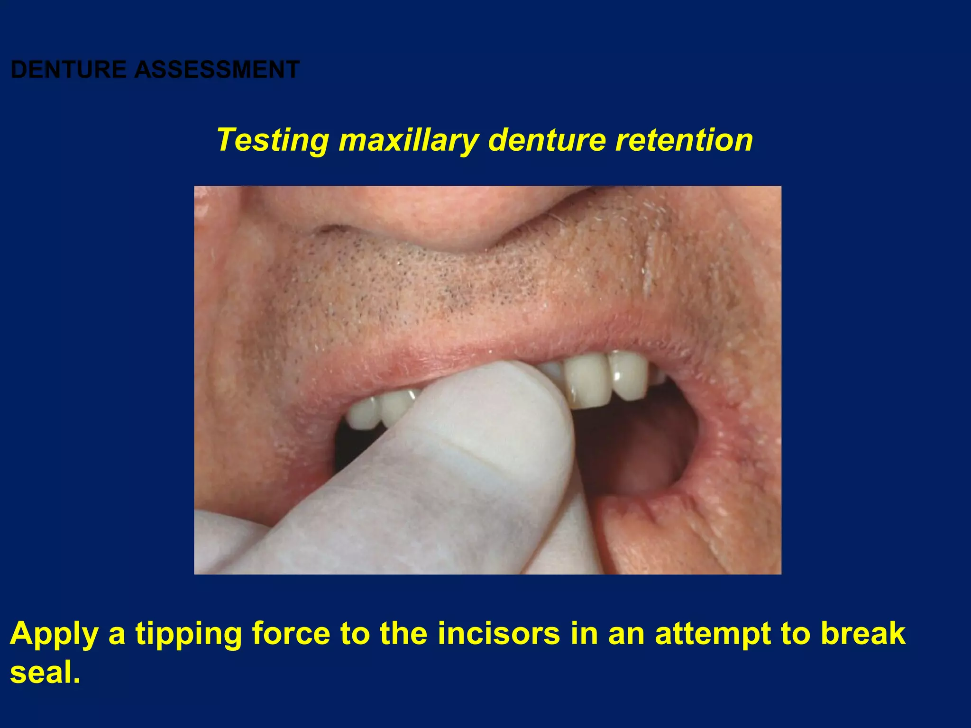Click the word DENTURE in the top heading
(x=68, y=70)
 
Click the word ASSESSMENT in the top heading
(x=217, y=70)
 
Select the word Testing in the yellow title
(x=272, y=140)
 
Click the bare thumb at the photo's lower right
(x=664, y=536)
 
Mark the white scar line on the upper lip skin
(x=648, y=265)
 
